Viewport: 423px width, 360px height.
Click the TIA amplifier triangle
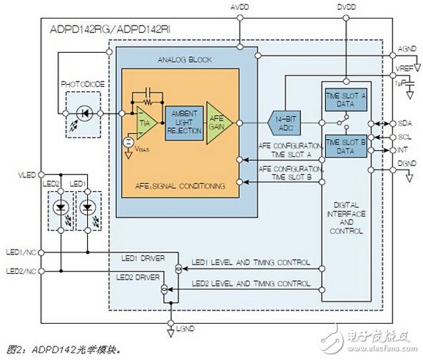pos(146,122)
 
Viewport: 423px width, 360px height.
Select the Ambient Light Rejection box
pos(184,121)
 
